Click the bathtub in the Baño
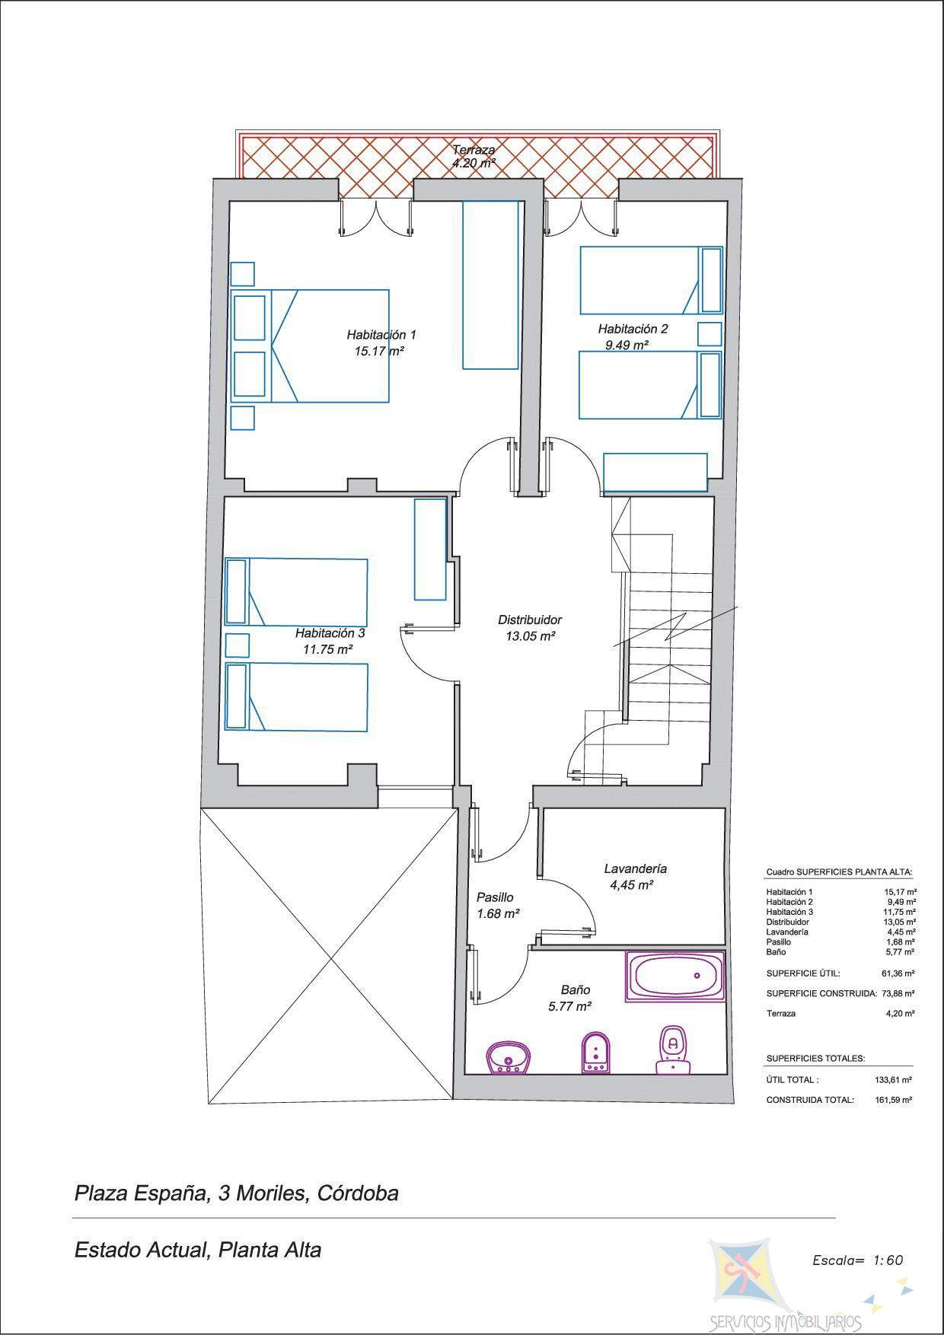coord(675,976)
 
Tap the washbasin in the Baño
coord(509,1058)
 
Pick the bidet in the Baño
coord(594,1053)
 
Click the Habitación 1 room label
coord(381,334)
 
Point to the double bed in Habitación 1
coord(310,346)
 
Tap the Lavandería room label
coord(636,868)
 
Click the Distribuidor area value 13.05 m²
coord(530,636)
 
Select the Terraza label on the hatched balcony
coord(474,150)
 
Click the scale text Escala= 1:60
coord(858,1260)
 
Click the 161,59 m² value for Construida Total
coord(894,1100)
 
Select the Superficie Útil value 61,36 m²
coord(898,973)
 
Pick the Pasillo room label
coord(495,897)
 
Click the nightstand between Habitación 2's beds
coord(710,333)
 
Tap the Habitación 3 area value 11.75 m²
coord(327,650)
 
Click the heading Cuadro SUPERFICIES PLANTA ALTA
coord(839,872)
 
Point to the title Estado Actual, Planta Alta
coord(198,1250)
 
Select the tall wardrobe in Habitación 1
coord(491,285)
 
